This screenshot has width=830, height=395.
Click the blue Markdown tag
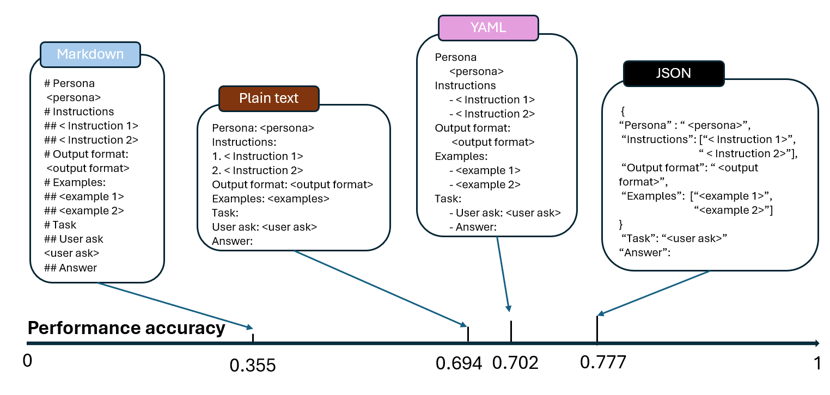pyautogui.click(x=90, y=55)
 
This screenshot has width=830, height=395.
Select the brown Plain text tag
pyautogui.click(x=268, y=98)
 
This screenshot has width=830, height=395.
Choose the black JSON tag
pyautogui.click(x=674, y=73)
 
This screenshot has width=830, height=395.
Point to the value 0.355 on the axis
pyautogui.click(x=253, y=366)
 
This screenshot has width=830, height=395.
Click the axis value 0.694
pyautogui.click(x=459, y=363)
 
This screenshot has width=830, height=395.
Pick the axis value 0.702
pyautogui.click(x=515, y=363)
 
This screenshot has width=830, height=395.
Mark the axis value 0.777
pyautogui.click(x=603, y=362)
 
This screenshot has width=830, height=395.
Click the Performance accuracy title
pyautogui.click(x=126, y=329)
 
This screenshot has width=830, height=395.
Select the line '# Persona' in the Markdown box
pyautogui.click(x=69, y=84)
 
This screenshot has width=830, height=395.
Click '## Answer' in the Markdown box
pyautogui.click(x=70, y=268)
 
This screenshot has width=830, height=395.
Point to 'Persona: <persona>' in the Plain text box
pyautogui.click(x=263, y=129)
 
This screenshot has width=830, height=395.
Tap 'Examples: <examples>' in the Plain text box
pyautogui.click(x=271, y=199)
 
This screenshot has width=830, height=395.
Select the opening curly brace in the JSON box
pyautogui.click(x=622, y=111)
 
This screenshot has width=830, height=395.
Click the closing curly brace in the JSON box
pyautogui.click(x=620, y=224)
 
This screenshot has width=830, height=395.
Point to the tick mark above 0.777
pyautogui.click(x=597, y=330)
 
